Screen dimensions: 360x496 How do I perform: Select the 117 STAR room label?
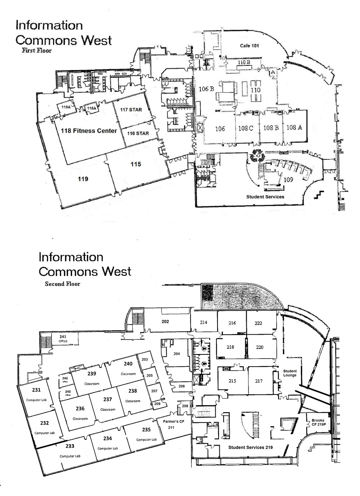tap(130, 110)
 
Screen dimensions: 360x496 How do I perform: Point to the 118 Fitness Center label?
tap(89, 131)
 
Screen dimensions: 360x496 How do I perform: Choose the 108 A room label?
tap(294, 128)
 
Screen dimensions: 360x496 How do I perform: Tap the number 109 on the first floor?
tap(288, 180)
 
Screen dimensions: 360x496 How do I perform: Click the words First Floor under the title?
tap(37, 50)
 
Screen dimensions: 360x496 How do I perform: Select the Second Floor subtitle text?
tap(63, 284)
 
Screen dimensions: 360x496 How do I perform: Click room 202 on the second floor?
tap(165, 322)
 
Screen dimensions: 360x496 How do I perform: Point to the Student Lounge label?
tap(290, 373)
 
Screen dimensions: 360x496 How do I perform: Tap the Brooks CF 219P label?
tap(318, 423)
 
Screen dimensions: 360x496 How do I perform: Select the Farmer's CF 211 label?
tap(171, 424)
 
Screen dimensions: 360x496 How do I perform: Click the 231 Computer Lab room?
tap(36, 394)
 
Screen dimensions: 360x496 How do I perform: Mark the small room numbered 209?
tap(157, 404)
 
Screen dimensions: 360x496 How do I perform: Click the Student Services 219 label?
tap(250, 448)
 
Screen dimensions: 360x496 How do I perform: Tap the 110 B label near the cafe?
tap(244, 62)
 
